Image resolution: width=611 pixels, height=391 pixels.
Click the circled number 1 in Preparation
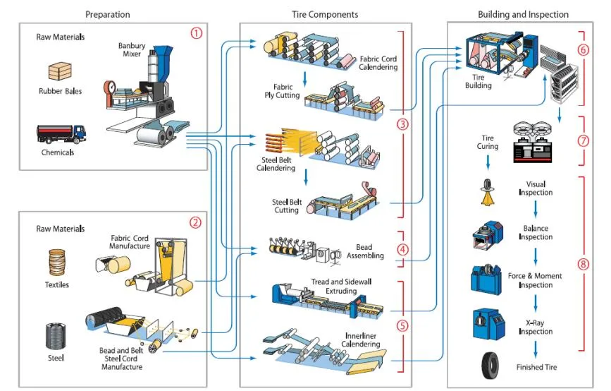point(196,33)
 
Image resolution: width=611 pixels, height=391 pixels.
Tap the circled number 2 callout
point(196,222)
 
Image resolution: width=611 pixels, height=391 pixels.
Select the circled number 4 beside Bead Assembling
point(402,249)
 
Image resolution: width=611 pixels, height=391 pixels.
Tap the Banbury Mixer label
point(131,51)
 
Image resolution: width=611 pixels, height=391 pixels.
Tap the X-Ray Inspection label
point(536,327)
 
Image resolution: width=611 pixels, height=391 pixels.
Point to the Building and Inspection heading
point(523,14)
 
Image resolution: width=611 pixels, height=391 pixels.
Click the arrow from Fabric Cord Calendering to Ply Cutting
point(304,76)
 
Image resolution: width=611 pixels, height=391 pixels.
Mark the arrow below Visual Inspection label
point(536,208)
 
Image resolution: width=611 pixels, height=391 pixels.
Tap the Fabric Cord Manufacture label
point(130,241)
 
